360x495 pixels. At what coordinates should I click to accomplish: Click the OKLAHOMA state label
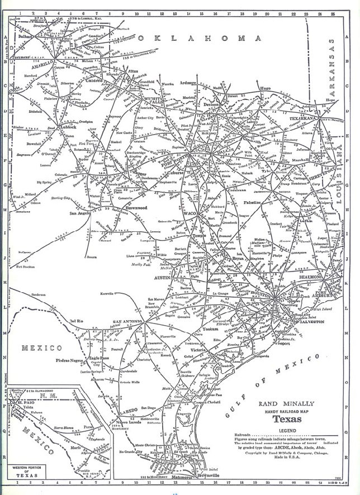coord(201,39)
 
